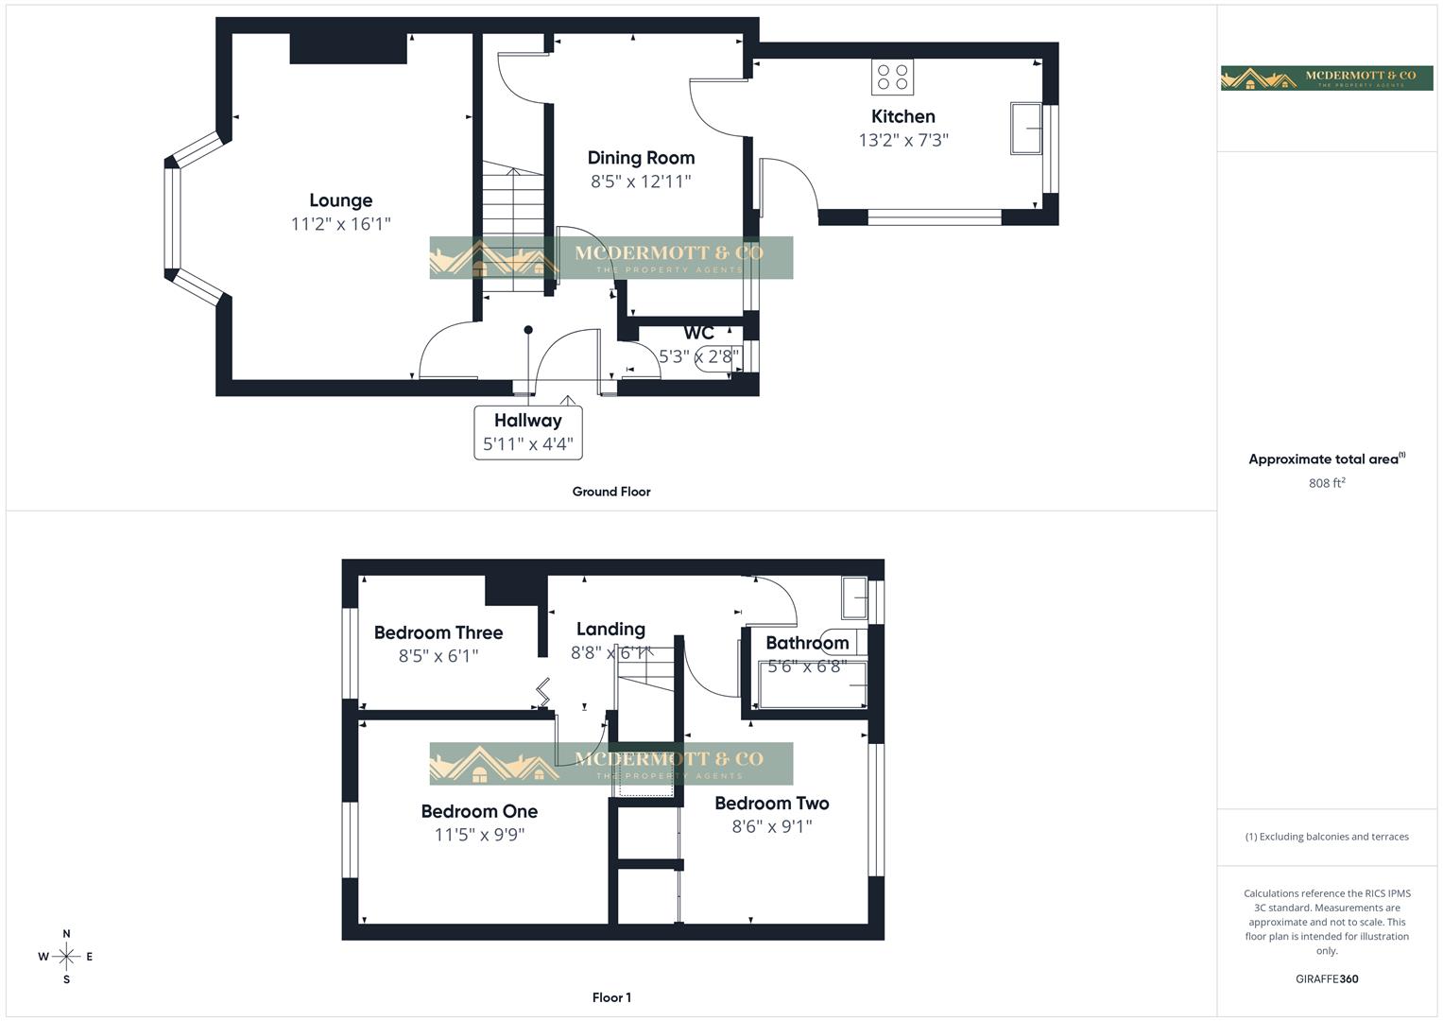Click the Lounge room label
(x=340, y=200)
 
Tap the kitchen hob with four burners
(x=892, y=77)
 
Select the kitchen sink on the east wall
(x=1026, y=128)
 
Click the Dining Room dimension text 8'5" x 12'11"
(x=641, y=182)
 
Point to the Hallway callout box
(x=527, y=432)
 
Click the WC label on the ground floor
(x=698, y=333)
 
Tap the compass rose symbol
(x=66, y=957)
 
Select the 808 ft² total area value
(x=1326, y=483)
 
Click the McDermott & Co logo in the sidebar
(x=1327, y=78)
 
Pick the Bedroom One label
(x=479, y=811)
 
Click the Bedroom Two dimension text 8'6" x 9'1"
(x=771, y=826)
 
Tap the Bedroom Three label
(x=438, y=632)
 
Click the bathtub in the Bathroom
(x=812, y=684)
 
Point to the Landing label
(x=610, y=629)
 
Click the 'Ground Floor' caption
(x=611, y=492)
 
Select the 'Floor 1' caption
(x=611, y=997)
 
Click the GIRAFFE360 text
(x=1326, y=978)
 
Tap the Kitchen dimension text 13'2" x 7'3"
(x=902, y=140)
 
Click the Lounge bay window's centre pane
(x=172, y=219)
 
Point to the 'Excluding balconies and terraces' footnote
(x=1326, y=837)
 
